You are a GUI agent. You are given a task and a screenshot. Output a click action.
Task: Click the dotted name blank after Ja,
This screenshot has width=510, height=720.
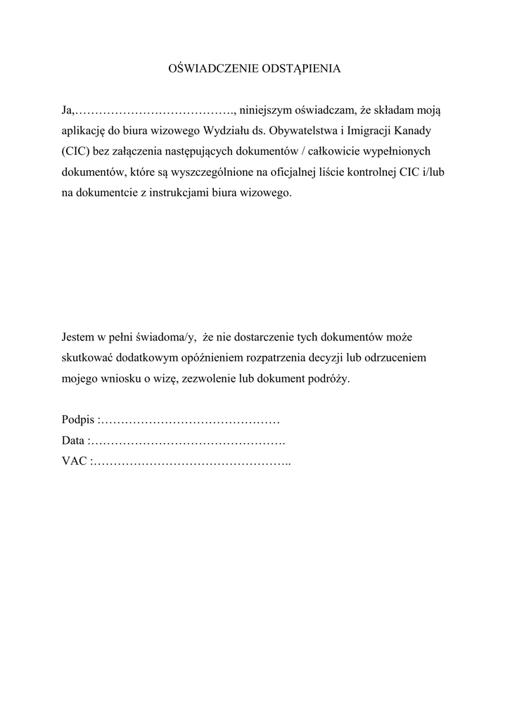[x=154, y=110]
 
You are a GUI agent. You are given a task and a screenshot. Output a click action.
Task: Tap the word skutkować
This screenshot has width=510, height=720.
[x=89, y=357]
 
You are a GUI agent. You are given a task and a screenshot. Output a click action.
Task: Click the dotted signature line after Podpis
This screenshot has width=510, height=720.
[x=189, y=420]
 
